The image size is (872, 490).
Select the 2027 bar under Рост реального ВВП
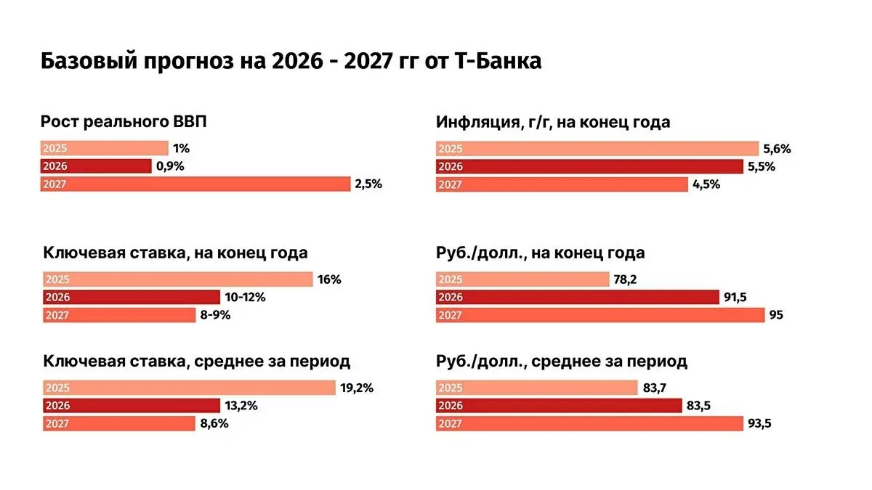[195, 184]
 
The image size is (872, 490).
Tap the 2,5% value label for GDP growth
[368, 184]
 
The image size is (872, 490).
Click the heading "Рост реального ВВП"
[124, 122]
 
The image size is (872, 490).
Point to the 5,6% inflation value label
[777, 149]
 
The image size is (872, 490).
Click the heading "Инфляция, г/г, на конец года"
[553, 122]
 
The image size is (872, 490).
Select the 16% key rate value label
[329, 279]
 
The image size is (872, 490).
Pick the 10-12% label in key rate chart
[245, 297]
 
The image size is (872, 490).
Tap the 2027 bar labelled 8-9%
[119, 315]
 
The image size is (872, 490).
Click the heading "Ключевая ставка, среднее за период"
[196, 361]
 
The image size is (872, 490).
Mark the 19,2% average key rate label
[356, 388]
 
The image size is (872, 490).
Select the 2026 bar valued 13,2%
[132, 406]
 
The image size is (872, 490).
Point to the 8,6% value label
[214, 423]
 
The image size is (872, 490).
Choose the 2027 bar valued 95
[600, 315]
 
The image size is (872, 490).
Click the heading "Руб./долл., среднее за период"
[562, 361]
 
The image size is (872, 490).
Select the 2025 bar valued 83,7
[536, 388]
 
